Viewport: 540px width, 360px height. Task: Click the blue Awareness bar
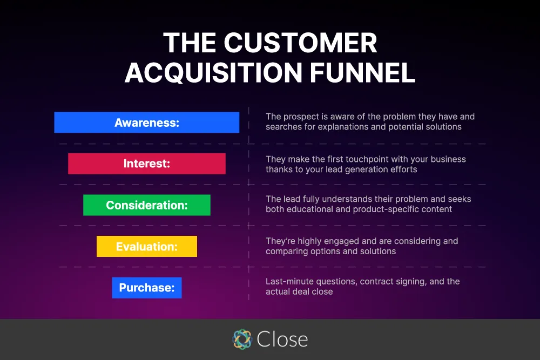click(146, 123)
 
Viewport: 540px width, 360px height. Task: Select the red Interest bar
click(146, 164)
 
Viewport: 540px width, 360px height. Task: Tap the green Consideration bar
click(146, 205)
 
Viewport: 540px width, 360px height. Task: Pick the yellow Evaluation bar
click(146, 247)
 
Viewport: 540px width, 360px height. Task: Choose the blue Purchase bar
click(146, 288)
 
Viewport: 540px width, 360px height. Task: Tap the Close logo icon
click(242, 339)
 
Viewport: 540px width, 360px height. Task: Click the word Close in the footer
click(282, 339)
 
